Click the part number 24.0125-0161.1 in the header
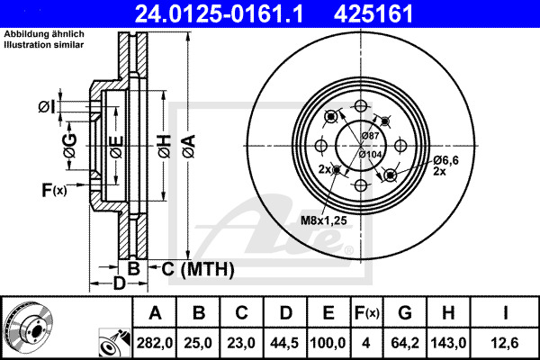click(219, 13)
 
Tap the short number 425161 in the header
click(373, 13)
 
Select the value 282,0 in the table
click(155, 343)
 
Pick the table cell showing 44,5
click(284, 343)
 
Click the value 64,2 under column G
click(405, 343)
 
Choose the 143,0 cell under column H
click(448, 343)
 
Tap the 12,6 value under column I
click(505, 343)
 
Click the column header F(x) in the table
click(366, 313)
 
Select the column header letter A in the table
click(155, 313)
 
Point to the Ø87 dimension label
click(371, 136)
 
